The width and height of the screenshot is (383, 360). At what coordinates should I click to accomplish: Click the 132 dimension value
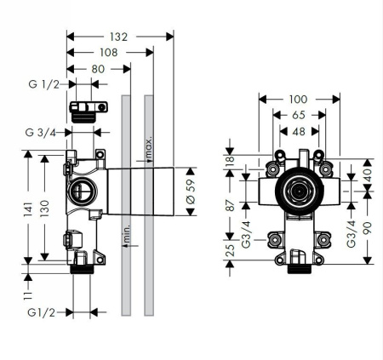[119, 37]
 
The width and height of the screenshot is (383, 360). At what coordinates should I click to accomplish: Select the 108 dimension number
[110, 52]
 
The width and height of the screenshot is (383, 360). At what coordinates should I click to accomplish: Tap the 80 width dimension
[98, 68]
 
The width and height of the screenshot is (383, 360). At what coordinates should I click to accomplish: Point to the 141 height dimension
[29, 209]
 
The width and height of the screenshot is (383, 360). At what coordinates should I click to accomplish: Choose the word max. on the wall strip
[148, 149]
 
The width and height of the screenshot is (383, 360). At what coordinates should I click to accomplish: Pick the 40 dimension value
[367, 174]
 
